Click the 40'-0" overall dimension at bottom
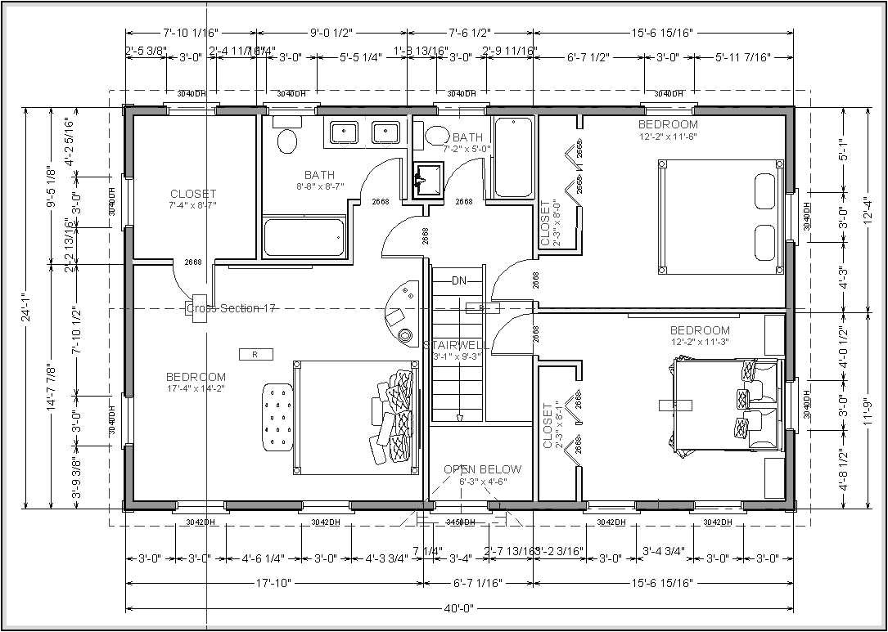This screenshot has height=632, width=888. click(459, 608)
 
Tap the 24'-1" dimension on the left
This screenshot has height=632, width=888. click(26, 307)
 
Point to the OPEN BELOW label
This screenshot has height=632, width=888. click(482, 469)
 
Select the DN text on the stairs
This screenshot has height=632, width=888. click(459, 280)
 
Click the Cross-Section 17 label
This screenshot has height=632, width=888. click(231, 308)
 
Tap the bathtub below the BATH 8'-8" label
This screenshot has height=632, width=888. click(303, 238)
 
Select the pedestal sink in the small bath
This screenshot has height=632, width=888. click(426, 177)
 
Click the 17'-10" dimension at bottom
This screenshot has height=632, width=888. click(274, 583)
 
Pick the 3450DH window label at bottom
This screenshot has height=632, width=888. click(459, 522)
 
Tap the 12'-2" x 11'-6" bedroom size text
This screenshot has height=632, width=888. click(668, 137)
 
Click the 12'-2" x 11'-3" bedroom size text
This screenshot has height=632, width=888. click(699, 342)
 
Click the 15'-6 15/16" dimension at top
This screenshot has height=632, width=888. click(663, 34)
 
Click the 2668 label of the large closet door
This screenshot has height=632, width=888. click(193, 262)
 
